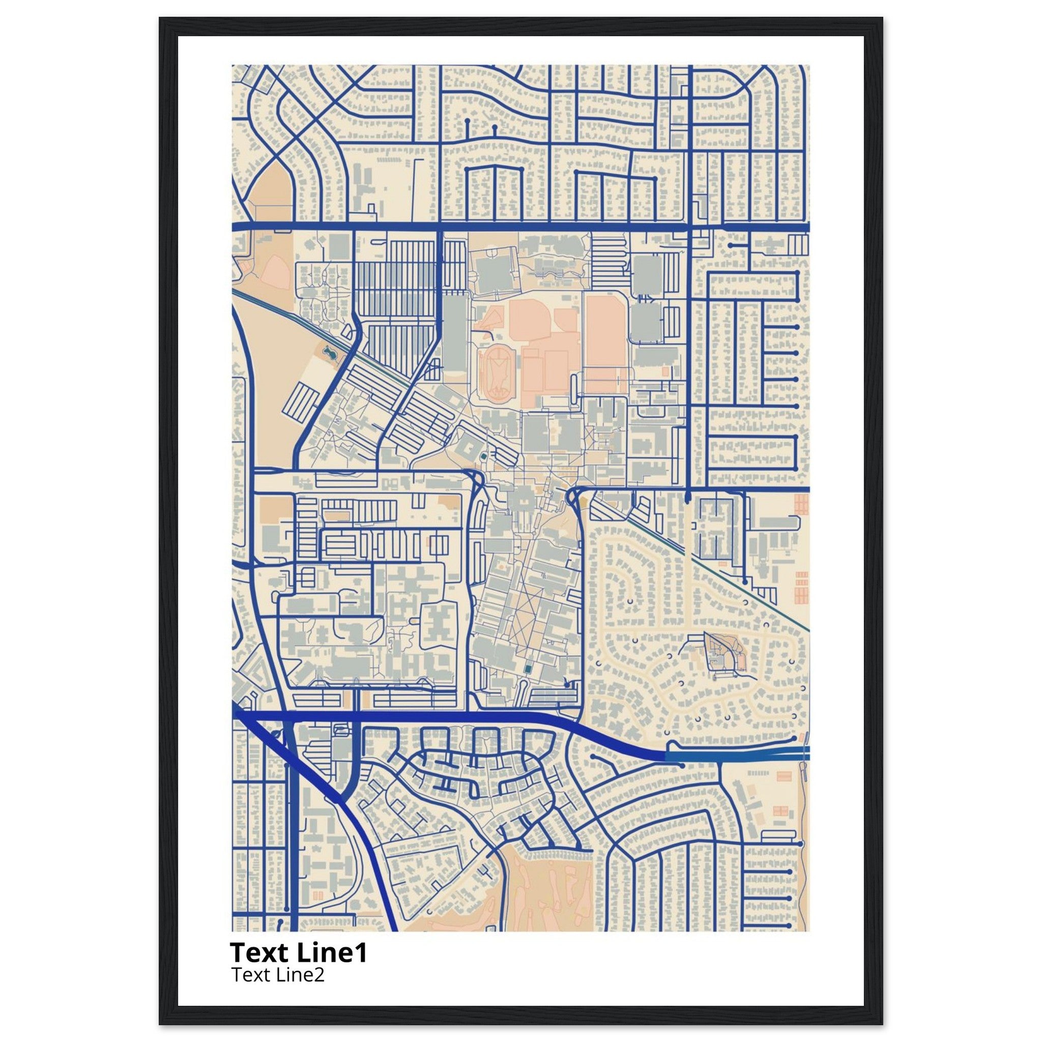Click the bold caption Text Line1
[x=298, y=953]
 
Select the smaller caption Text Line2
[x=278, y=974]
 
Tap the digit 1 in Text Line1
[x=361, y=953]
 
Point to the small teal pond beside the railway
[x=329, y=354]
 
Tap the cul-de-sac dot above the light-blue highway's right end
[x=795, y=737]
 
